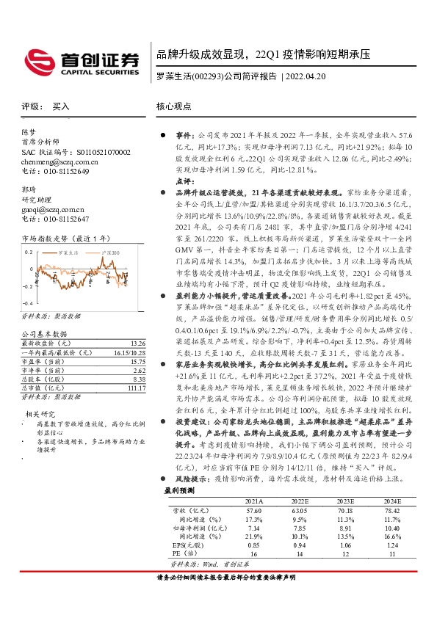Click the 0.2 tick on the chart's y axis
[x=29, y=252]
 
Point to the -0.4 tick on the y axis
[x=28, y=302]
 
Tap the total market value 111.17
[x=135, y=388]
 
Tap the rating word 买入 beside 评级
[x=62, y=106]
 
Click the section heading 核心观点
[x=174, y=106]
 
